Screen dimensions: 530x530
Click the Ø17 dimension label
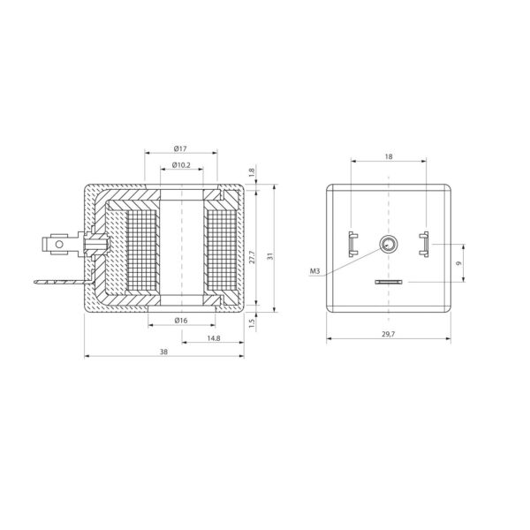180,148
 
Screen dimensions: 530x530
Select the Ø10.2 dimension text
181,165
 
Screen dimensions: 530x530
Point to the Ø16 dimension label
181,321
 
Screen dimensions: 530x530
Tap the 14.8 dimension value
214,338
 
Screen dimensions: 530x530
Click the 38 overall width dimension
163,352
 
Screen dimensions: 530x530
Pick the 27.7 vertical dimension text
252,257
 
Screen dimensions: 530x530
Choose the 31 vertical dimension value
269,256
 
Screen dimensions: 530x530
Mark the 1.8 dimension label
252,173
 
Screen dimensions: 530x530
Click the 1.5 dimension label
252,323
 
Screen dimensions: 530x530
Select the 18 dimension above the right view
389,156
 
